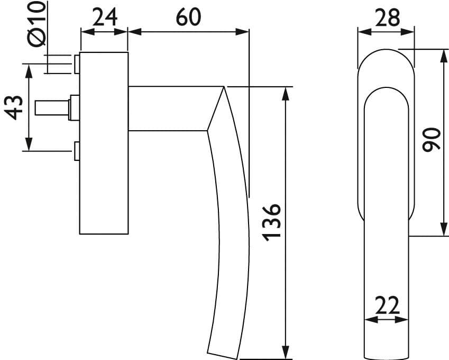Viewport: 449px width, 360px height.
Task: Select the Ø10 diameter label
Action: click(37, 24)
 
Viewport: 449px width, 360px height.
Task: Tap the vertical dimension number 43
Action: click(14, 107)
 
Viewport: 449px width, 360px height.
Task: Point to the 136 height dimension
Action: click(271, 223)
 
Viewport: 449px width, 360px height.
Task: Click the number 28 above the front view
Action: click(387, 17)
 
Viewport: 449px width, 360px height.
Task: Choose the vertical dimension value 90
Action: click(431, 140)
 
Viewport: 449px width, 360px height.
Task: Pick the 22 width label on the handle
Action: click(387, 305)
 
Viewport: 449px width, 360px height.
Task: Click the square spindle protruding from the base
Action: click(52, 108)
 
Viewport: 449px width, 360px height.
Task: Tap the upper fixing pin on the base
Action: click(77, 64)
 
